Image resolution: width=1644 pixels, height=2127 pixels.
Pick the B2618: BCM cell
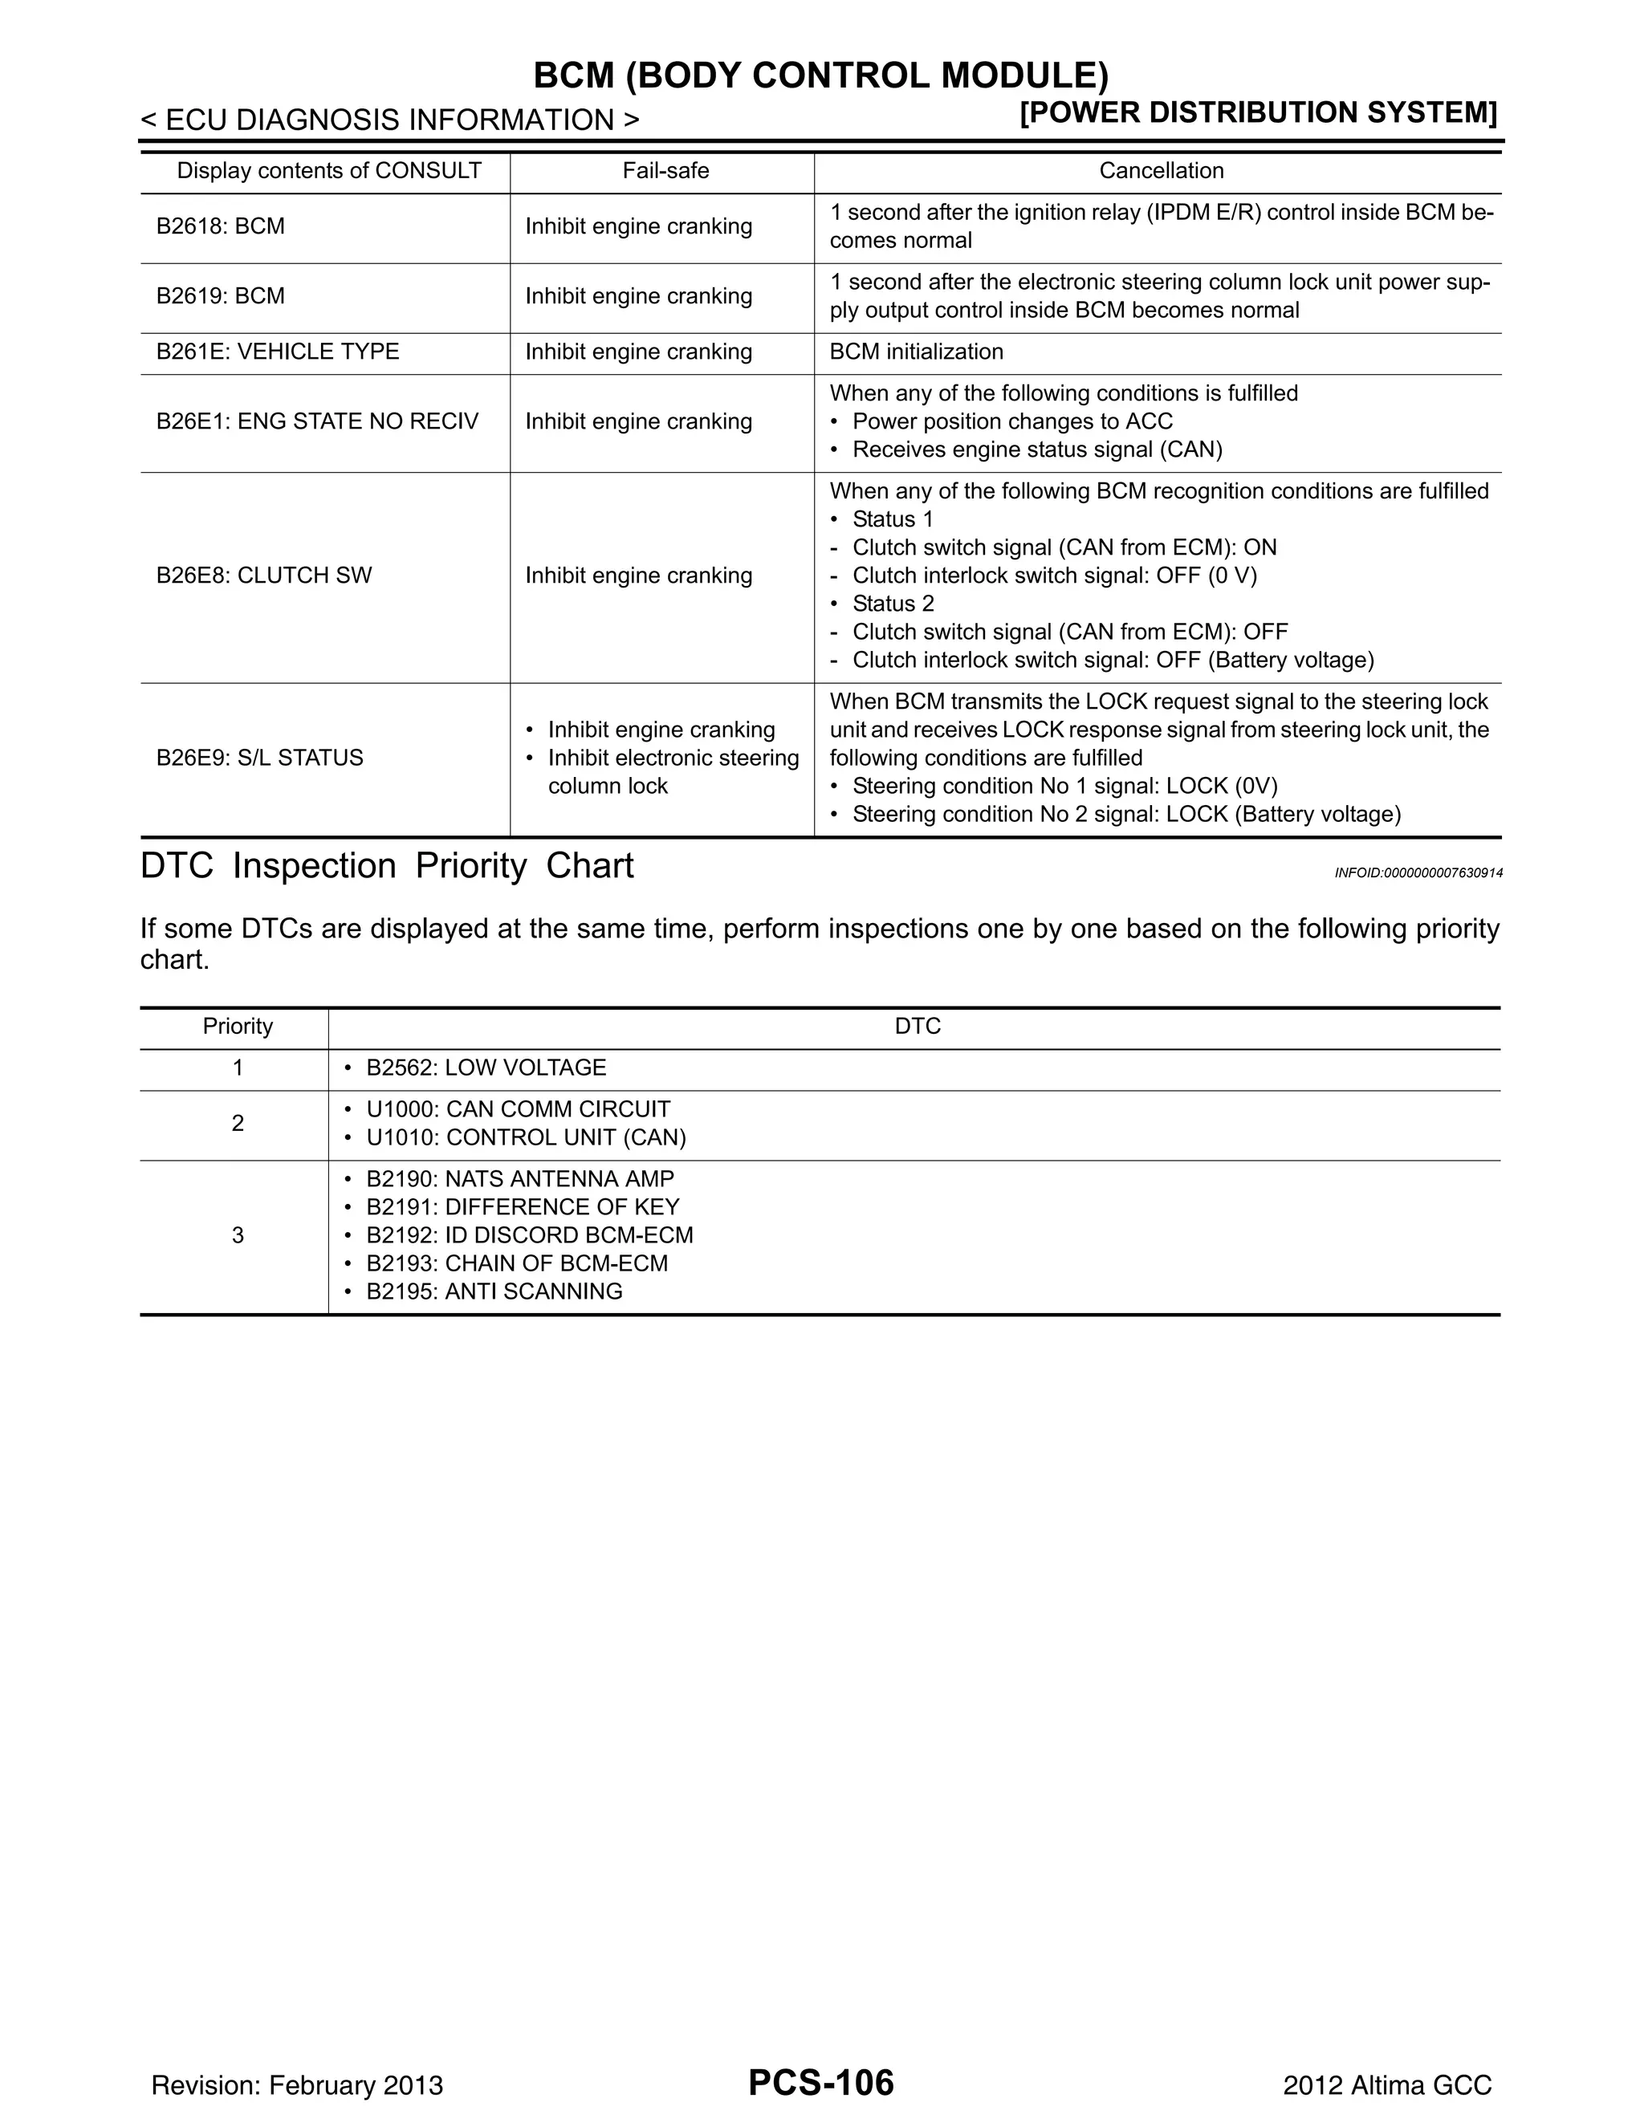[x=221, y=226]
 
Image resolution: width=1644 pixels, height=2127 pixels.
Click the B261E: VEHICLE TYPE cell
[x=278, y=352]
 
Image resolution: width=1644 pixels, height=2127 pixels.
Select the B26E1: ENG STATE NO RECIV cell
[x=318, y=421]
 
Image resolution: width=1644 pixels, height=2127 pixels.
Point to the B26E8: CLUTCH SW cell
[x=264, y=575]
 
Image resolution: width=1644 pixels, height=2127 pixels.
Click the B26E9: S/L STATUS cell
[x=260, y=757]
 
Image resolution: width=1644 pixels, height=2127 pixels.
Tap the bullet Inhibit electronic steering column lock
[x=672, y=771]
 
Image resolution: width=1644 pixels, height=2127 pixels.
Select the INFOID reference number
[x=1418, y=872]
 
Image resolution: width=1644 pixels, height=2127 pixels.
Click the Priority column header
[x=238, y=1026]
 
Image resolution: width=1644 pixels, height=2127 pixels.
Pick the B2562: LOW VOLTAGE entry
[x=485, y=1068]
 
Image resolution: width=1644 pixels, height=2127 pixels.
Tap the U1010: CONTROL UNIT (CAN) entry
[x=526, y=1137]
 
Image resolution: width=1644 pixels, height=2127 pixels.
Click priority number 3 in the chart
[x=238, y=1235]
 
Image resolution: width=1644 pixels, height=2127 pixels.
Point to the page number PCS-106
[x=821, y=2082]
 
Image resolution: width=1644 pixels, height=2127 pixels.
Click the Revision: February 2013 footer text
[x=297, y=2085]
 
